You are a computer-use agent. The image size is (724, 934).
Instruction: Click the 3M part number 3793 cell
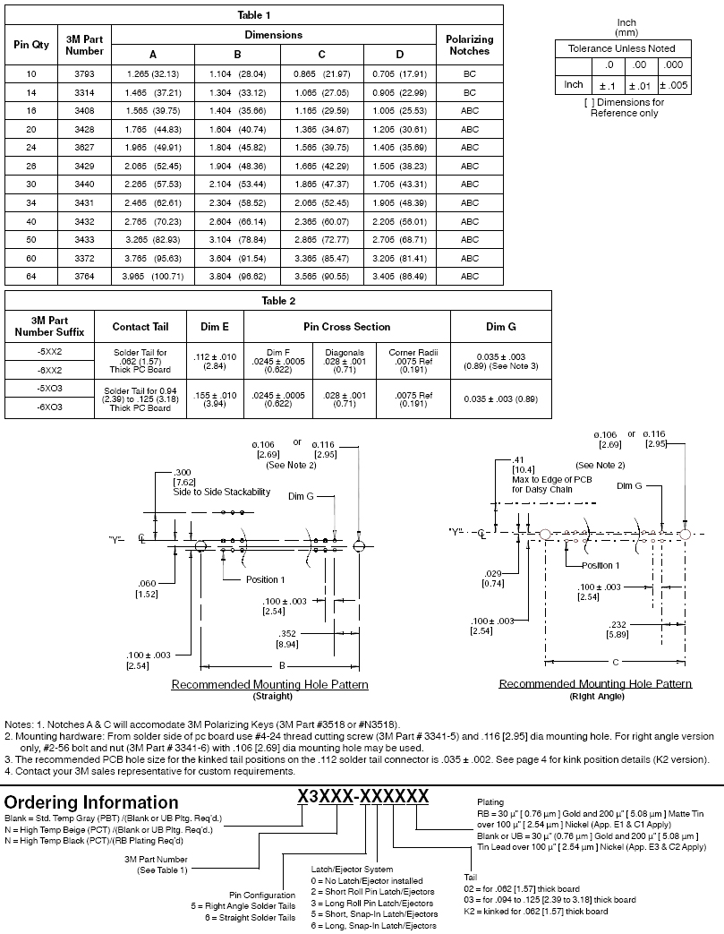(85, 73)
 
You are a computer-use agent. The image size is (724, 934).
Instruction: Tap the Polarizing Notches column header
(469, 45)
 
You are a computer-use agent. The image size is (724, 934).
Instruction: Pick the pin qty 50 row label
(31, 240)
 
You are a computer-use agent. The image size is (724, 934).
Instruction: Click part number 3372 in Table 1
(85, 258)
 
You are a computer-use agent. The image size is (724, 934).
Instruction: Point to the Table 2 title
(278, 301)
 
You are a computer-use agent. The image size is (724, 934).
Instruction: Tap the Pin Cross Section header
(346, 327)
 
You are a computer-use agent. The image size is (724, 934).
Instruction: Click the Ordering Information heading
(91, 802)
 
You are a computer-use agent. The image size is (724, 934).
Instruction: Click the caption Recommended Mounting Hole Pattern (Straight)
(269, 686)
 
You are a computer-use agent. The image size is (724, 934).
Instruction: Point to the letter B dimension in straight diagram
(282, 666)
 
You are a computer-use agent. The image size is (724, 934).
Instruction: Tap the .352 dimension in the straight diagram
(287, 634)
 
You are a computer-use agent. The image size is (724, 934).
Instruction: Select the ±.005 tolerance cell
(673, 85)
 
